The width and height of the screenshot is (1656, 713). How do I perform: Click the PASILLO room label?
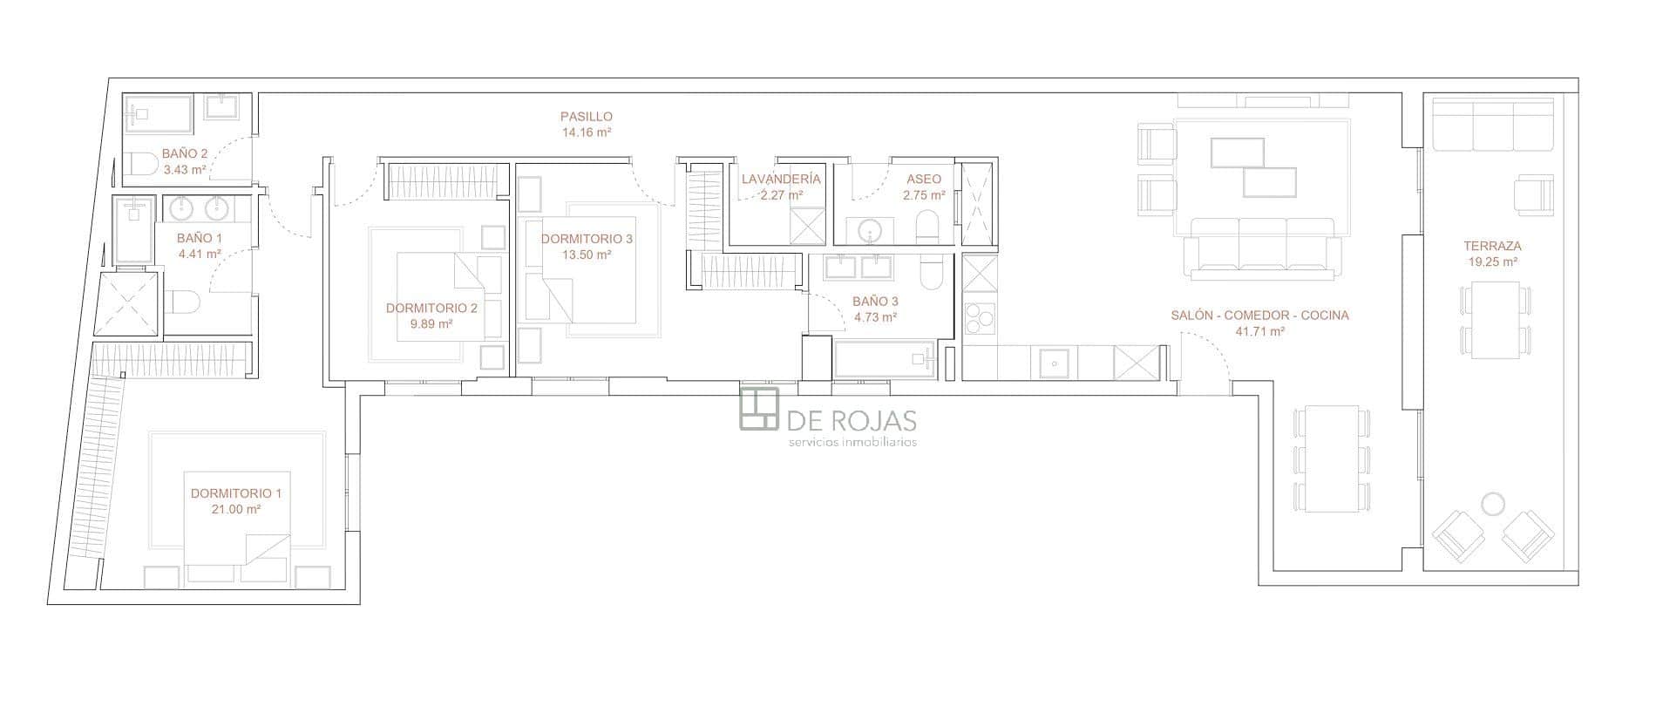tap(586, 116)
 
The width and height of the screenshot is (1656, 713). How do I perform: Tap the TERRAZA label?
tap(1492, 246)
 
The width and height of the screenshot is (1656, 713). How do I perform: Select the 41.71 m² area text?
tap(1259, 331)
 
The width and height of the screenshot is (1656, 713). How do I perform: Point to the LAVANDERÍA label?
tap(780, 179)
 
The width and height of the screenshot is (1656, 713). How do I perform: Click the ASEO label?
tap(924, 179)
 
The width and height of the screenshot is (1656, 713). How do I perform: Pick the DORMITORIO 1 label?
tap(235, 493)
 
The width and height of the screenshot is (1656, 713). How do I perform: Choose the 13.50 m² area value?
tap(587, 255)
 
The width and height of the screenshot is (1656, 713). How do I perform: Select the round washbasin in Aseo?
tap(870, 231)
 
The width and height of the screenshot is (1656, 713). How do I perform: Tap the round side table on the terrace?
tap(1493, 505)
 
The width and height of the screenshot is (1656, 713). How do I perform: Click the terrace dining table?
tap(1497, 320)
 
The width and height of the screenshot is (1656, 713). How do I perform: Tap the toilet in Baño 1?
tap(182, 302)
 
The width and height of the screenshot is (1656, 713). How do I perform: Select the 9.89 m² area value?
tap(431, 323)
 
